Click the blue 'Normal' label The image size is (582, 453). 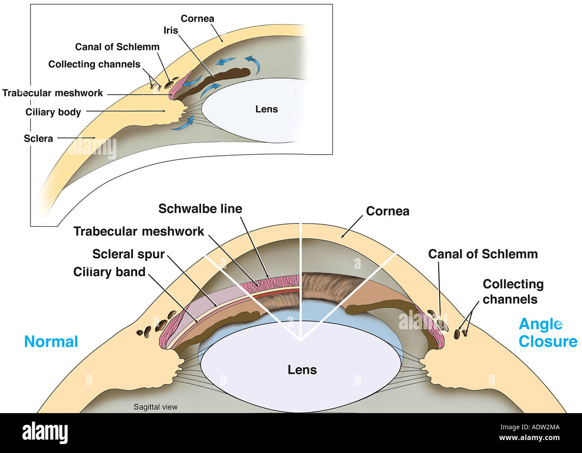click(x=51, y=341)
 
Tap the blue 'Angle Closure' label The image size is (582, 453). click(x=548, y=332)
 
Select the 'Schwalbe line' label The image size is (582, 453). click(x=200, y=209)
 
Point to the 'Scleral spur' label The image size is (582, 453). click(x=128, y=254)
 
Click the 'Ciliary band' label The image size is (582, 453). click(x=109, y=272)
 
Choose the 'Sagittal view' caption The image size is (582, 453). click(x=155, y=407)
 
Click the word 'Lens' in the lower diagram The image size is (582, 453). click(x=302, y=370)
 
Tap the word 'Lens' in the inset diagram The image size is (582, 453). click(x=266, y=109)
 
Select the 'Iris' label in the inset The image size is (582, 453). click(x=171, y=30)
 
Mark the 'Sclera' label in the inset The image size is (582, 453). click(x=39, y=138)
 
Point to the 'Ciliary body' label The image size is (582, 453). click(x=53, y=112)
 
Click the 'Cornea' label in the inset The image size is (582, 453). click(x=197, y=18)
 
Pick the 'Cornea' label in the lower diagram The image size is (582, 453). click(x=387, y=211)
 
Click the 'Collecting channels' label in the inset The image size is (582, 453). click(x=94, y=64)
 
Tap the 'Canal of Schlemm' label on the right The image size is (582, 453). click(x=483, y=254)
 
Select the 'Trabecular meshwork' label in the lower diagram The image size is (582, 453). click(x=138, y=231)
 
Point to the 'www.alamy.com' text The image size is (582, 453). click(x=529, y=438)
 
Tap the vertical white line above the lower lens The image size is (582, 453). click(x=301, y=278)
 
